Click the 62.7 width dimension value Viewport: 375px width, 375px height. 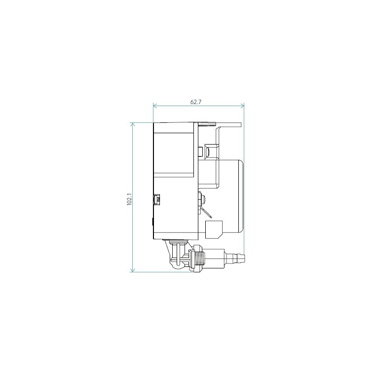(x=196, y=102)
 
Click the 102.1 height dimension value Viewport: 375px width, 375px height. (x=129, y=199)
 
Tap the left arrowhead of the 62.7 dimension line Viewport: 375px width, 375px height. (x=155, y=106)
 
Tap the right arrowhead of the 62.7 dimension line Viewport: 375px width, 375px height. (x=242, y=106)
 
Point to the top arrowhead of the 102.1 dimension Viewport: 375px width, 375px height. (x=133, y=124)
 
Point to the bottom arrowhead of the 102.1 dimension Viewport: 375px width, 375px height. (x=133, y=270)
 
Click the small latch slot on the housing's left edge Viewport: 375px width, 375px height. (x=156, y=199)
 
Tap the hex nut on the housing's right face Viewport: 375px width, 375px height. (x=201, y=198)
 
